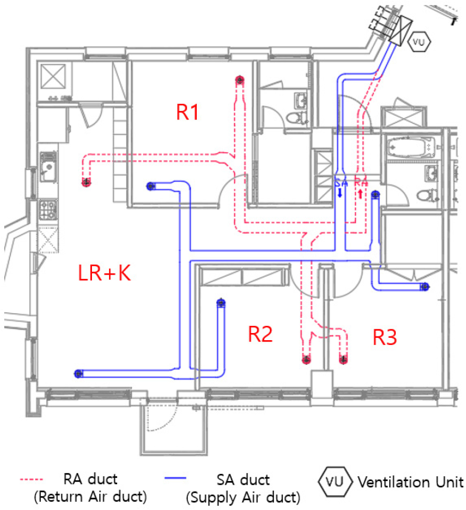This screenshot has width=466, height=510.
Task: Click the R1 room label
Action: point(187,112)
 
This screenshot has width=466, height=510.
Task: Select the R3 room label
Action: point(384,337)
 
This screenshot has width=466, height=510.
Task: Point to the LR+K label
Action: point(104,273)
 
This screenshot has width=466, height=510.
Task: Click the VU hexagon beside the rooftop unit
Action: point(419,42)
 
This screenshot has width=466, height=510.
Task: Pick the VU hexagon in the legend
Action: point(335,482)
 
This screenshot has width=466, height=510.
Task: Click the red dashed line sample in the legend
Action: point(31,479)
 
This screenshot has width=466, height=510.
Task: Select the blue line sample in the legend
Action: point(175,478)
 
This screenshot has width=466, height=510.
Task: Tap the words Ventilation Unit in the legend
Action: point(411,482)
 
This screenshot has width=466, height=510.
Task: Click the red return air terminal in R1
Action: point(240,80)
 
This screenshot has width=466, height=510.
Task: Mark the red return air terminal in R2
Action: point(306,360)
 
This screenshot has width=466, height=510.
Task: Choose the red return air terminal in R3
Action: point(344,360)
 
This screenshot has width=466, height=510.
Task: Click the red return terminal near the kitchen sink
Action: point(86,182)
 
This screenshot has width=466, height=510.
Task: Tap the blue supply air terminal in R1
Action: point(151,186)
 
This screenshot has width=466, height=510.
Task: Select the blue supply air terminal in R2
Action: point(221,303)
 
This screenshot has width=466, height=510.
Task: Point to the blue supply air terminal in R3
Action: point(425,287)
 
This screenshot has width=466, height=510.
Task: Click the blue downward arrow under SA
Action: point(340,193)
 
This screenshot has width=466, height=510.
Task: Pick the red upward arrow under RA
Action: point(360,194)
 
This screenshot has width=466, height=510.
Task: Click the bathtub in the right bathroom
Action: point(411,148)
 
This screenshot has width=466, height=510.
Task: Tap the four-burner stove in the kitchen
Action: point(48,209)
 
